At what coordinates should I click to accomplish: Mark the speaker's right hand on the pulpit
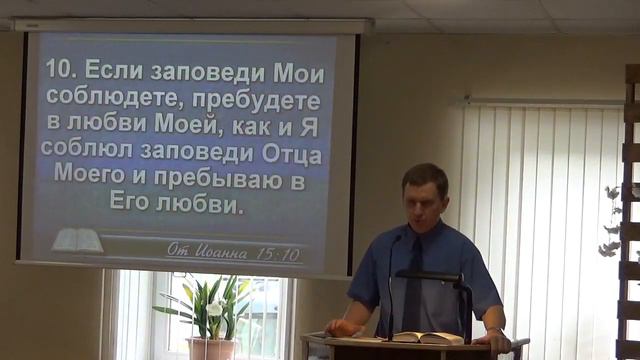(x=340, y=328)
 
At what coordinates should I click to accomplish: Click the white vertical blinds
(x=540, y=200)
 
